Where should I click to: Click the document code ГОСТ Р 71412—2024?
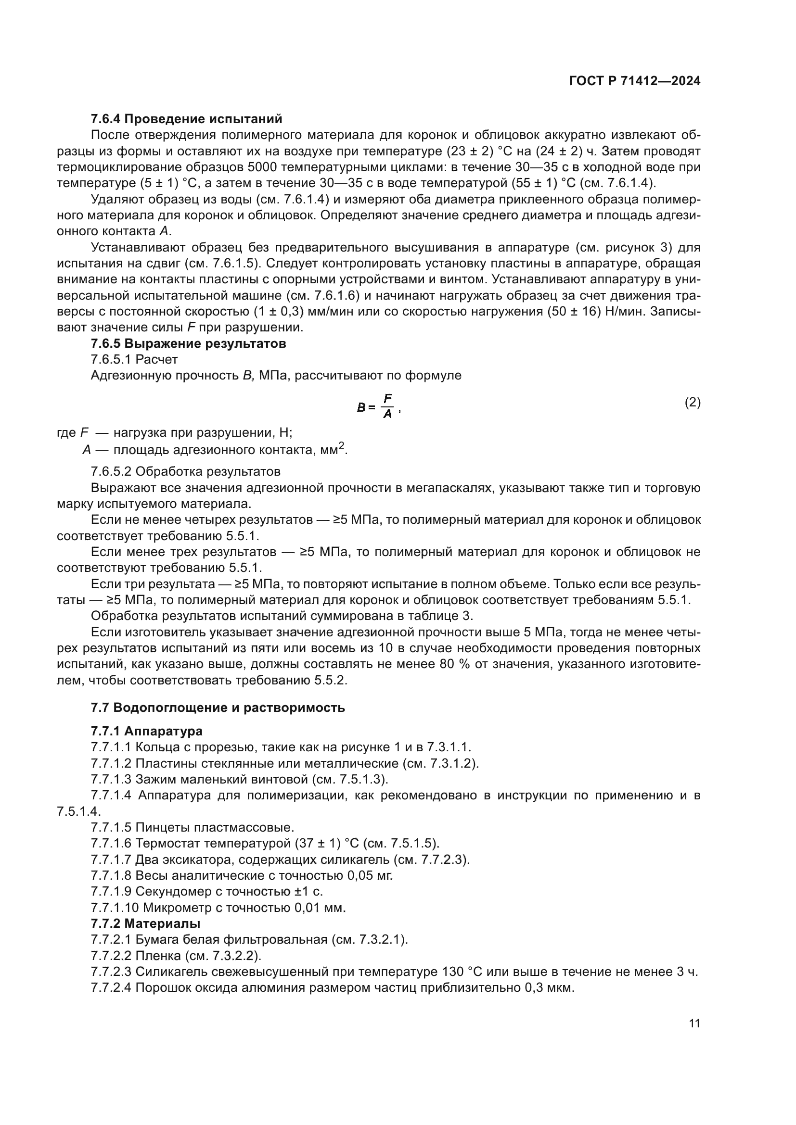click(634, 81)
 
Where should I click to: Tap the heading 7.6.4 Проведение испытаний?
click(186, 119)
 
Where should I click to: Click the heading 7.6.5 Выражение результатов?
click(188, 343)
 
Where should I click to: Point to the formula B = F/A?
click(379, 406)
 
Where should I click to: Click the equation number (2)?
click(692, 403)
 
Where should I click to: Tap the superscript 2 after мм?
click(342, 445)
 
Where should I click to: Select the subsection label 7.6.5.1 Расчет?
click(134, 360)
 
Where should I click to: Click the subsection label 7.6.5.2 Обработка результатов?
click(185, 472)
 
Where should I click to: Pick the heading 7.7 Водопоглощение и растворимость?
click(218, 708)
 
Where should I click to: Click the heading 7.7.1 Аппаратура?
click(147, 731)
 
